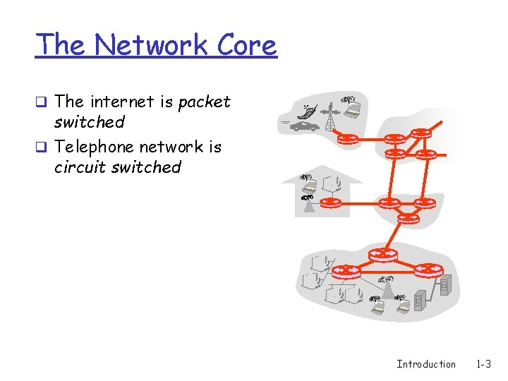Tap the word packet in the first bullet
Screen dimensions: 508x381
(x=205, y=102)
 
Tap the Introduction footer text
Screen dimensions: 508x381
(x=426, y=364)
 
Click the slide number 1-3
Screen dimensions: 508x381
(x=484, y=364)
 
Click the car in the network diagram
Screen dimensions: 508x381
(x=305, y=126)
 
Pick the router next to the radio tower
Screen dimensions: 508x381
(x=347, y=138)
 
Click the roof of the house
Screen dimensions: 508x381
(x=322, y=173)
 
